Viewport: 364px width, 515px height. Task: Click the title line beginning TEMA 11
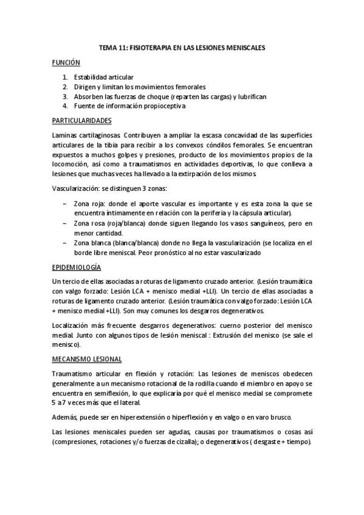coord(182,46)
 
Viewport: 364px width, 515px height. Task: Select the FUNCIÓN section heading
coord(66,62)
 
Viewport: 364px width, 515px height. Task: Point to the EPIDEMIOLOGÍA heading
coord(77,267)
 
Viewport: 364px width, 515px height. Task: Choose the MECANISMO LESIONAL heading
coord(87,359)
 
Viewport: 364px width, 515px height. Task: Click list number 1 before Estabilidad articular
coord(65,77)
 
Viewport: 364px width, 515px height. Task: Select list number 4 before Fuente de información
coord(65,106)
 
